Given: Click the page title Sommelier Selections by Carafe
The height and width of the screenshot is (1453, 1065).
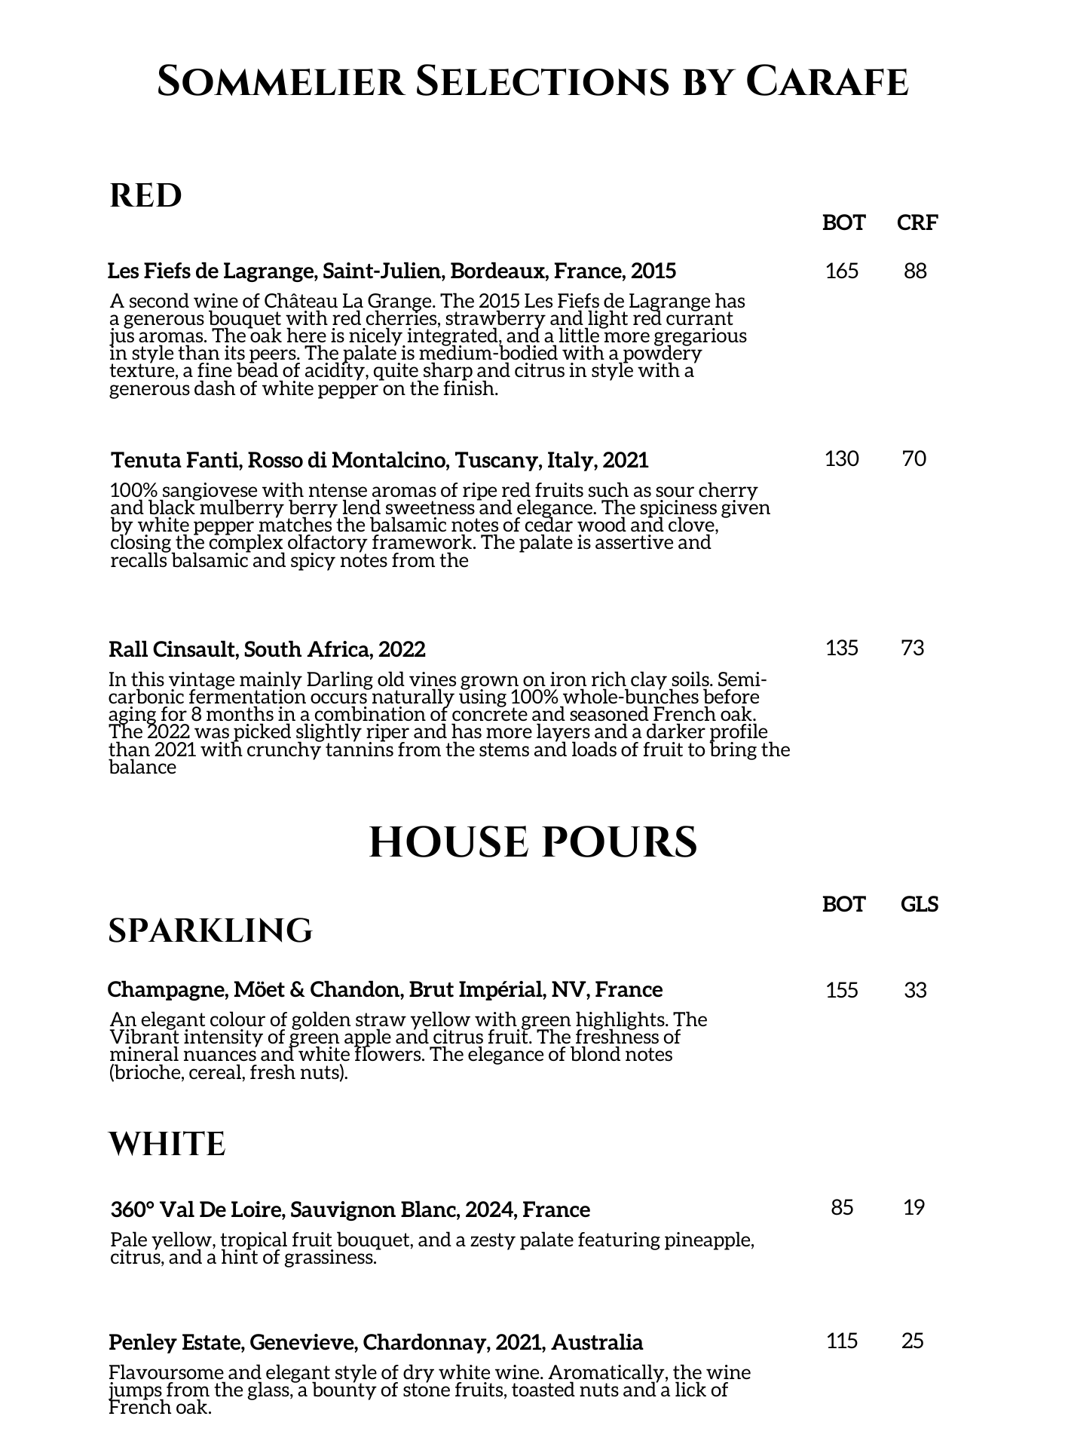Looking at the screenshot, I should [532, 81].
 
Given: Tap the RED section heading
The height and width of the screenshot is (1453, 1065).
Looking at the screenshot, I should [145, 196].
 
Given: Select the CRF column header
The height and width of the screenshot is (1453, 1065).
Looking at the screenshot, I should [917, 222].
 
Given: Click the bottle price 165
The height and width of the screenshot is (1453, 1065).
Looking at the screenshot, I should [842, 271].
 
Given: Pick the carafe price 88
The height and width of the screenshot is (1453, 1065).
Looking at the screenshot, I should [915, 271].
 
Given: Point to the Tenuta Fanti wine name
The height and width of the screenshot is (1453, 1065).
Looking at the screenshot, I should [379, 460].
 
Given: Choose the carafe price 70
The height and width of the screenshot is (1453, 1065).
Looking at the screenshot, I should [914, 458].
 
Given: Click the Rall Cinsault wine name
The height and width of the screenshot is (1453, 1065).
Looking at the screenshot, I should [267, 649].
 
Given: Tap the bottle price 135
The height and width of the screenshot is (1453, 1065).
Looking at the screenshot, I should [842, 648].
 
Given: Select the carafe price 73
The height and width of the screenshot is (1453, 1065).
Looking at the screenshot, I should [913, 648].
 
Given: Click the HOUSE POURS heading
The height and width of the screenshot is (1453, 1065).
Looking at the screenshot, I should [533, 842].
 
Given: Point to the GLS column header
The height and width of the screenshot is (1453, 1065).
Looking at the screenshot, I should [920, 904].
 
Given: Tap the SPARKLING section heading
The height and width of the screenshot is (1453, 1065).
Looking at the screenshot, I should [210, 930].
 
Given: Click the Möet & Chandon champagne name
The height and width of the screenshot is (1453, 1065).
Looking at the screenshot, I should [385, 989].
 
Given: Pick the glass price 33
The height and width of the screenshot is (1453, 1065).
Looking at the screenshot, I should [915, 990].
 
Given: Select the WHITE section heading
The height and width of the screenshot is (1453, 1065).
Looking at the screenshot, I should [167, 1144].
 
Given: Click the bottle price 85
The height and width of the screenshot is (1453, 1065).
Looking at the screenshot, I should [842, 1208].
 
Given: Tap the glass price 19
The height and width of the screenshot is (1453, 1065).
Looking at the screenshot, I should [914, 1208].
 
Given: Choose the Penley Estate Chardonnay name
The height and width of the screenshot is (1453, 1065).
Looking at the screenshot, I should [375, 1342].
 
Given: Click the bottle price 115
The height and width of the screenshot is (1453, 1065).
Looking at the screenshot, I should [842, 1341].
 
